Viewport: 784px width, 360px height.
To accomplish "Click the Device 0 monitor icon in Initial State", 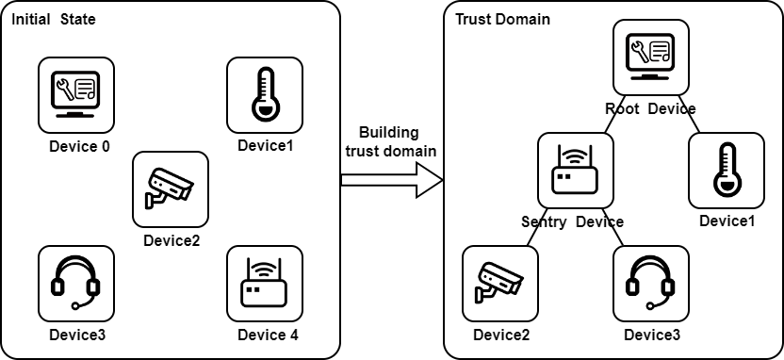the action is pos(76,95).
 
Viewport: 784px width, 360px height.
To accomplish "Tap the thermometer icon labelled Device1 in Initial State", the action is pos(265,95).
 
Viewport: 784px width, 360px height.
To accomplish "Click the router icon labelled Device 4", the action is pos(265,284).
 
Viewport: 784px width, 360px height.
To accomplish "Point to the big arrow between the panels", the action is pos(391,180).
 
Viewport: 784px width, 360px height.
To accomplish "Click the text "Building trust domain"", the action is pos(390,141).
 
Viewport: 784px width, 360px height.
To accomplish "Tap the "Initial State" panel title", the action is pos(53,20).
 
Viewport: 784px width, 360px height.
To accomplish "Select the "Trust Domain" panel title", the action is pos(502,20).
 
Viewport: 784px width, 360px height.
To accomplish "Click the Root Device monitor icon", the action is pos(651,57).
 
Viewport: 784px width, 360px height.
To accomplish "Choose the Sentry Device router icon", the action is pos(576,171).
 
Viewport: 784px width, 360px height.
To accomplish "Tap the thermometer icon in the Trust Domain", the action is pos(727,171).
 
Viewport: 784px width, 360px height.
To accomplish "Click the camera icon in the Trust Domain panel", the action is pos(500,284).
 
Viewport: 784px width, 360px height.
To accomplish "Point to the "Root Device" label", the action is pos(650,108).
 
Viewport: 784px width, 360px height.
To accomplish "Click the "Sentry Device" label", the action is pos(573,221).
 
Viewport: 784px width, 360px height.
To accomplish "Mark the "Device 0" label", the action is pos(79,146).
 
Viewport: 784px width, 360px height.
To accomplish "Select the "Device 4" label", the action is pos(268,335).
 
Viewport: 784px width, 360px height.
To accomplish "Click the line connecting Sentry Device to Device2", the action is pos(536,227).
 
